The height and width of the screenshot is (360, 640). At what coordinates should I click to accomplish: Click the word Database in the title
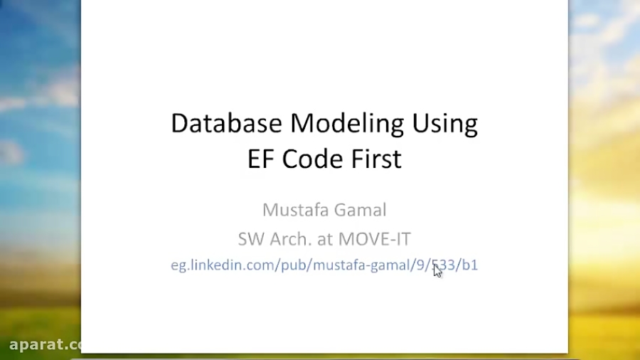click(x=227, y=123)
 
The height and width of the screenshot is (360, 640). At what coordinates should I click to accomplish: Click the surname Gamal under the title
click(x=359, y=210)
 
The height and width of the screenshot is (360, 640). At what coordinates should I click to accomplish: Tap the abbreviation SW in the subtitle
click(x=250, y=239)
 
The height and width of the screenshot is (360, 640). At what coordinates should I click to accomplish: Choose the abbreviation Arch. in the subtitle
click(x=288, y=239)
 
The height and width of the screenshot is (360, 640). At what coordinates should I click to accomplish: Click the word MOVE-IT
click(x=374, y=239)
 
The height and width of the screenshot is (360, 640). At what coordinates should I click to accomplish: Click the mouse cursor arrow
click(x=437, y=270)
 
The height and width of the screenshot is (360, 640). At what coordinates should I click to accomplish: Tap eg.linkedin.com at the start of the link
click(x=217, y=265)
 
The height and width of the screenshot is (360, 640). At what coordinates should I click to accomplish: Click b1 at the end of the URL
click(x=470, y=265)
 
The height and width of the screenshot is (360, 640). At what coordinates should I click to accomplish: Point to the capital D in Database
click(x=178, y=123)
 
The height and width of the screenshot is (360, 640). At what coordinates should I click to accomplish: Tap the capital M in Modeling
click(x=302, y=123)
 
